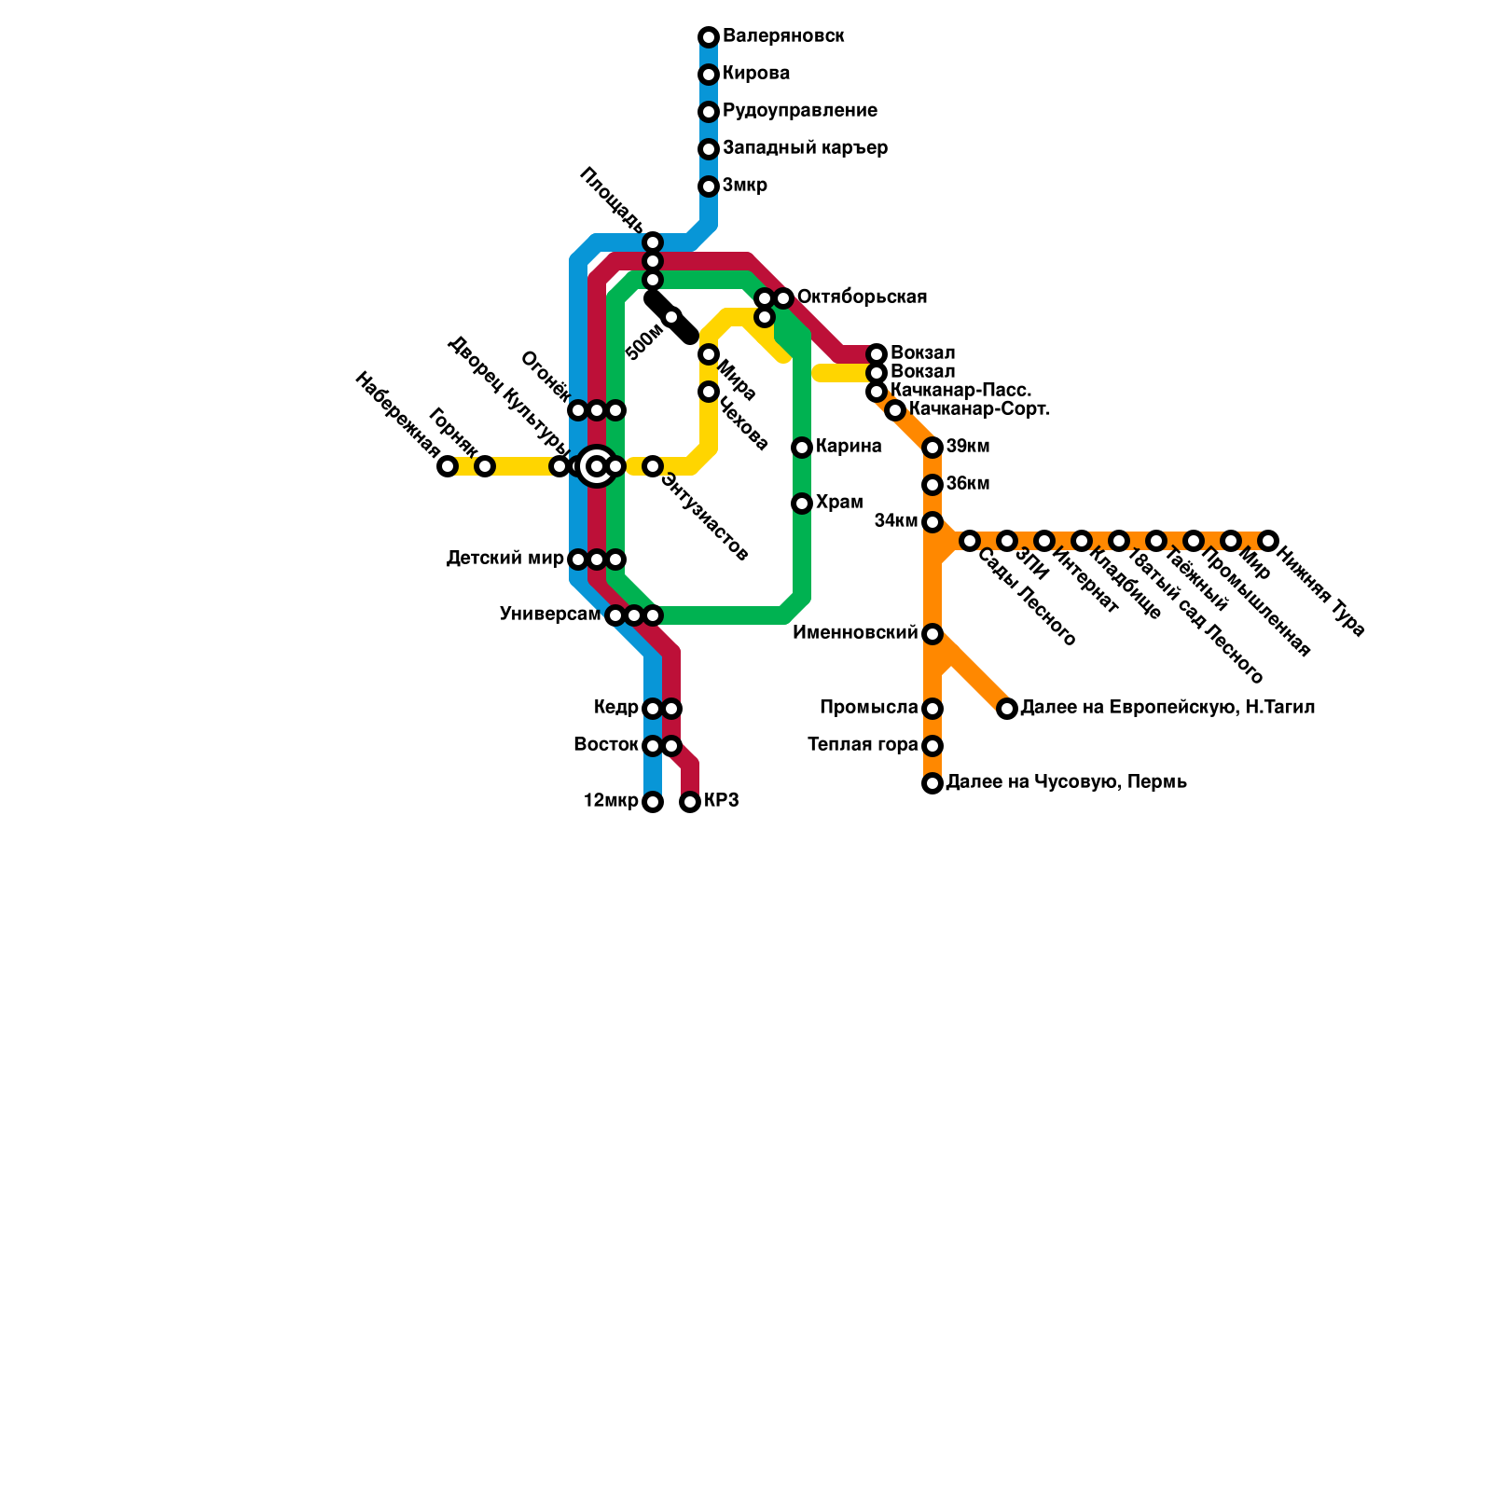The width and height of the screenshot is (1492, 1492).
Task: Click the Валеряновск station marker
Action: tap(709, 37)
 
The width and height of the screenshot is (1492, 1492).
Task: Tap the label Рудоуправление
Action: tap(799, 111)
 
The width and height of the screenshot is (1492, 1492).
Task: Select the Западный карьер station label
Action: tap(805, 148)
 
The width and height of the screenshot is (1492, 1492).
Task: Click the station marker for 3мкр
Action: tap(709, 186)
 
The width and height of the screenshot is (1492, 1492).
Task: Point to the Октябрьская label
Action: tap(862, 297)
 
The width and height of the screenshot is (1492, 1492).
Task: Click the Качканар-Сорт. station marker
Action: tap(895, 410)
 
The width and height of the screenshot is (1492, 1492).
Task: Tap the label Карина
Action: tap(849, 447)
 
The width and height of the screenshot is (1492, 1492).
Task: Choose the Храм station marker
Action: tap(802, 504)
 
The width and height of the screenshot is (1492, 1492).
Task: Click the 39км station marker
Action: tap(932, 448)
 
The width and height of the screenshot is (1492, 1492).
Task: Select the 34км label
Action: tap(896, 521)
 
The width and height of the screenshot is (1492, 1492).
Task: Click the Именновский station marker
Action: tap(932, 634)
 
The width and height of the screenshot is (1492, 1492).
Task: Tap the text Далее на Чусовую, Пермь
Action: tap(1066, 782)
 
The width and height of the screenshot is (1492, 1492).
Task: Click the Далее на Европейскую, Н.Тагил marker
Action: tap(1007, 709)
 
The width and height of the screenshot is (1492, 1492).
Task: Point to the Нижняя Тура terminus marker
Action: tap(1268, 541)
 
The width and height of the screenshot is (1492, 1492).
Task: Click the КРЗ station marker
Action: tap(690, 802)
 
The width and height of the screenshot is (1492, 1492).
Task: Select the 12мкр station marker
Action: tap(653, 802)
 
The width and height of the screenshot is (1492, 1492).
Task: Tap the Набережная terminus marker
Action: tap(448, 466)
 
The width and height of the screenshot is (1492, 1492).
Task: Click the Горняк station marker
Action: tap(485, 466)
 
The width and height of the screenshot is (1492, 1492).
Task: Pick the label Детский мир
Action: tap(504, 559)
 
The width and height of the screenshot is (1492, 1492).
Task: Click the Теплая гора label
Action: tap(863, 745)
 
